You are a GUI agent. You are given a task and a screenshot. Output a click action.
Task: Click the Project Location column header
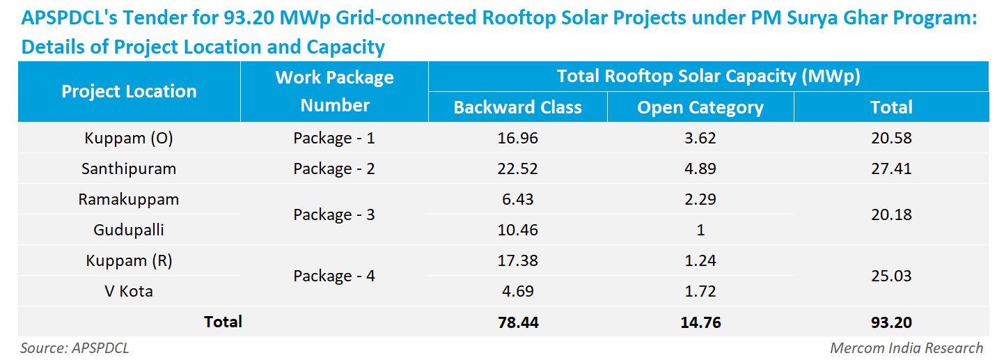(x=129, y=91)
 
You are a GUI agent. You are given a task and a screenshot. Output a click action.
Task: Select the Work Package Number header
(x=335, y=91)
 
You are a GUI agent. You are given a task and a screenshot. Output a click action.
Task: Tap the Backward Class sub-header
(x=517, y=107)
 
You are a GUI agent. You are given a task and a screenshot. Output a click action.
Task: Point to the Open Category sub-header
(x=700, y=108)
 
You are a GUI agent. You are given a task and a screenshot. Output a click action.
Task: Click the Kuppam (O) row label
(x=129, y=138)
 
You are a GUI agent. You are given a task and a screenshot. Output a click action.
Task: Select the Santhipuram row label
(x=129, y=169)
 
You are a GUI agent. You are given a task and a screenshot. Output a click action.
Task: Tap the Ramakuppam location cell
(x=129, y=199)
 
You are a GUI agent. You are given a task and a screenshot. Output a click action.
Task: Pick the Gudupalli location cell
(x=129, y=230)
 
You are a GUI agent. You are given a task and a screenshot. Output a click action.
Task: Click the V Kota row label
(x=129, y=291)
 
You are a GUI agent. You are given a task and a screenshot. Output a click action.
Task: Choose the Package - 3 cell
(x=333, y=214)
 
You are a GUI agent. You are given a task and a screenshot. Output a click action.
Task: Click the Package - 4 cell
(x=333, y=276)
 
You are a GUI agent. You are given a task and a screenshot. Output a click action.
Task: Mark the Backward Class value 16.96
(x=517, y=138)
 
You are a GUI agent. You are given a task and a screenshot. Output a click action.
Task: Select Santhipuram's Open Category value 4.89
(x=700, y=169)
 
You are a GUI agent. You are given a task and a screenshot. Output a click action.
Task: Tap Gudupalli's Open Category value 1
(x=700, y=230)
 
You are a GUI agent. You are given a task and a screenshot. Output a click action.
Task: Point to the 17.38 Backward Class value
(x=517, y=260)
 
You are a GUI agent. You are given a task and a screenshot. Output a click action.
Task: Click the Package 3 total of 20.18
(x=891, y=214)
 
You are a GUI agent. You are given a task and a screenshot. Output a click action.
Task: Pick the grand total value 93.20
(x=891, y=322)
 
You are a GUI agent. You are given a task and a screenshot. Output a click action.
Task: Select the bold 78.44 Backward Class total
(x=518, y=322)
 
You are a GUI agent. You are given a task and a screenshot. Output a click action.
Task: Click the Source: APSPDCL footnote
(x=74, y=347)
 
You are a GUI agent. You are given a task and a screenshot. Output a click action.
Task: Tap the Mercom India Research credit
(x=906, y=347)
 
